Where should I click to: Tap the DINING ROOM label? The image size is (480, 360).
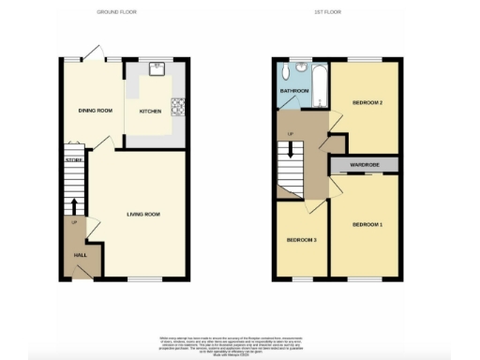(x=95, y=111)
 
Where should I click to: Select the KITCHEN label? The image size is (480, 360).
(x=150, y=111)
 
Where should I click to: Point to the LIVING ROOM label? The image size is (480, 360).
(x=144, y=215)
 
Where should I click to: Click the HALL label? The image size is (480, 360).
(x=82, y=255)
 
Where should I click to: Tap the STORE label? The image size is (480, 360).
(x=74, y=160)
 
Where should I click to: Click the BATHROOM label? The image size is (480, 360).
(x=292, y=91)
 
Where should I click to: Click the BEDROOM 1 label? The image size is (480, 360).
(x=367, y=225)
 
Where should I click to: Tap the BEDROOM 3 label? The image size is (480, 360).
(x=302, y=241)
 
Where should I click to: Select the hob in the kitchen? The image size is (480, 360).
(x=174, y=104)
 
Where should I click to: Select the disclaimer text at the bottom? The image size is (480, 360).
(x=240, y=342)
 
